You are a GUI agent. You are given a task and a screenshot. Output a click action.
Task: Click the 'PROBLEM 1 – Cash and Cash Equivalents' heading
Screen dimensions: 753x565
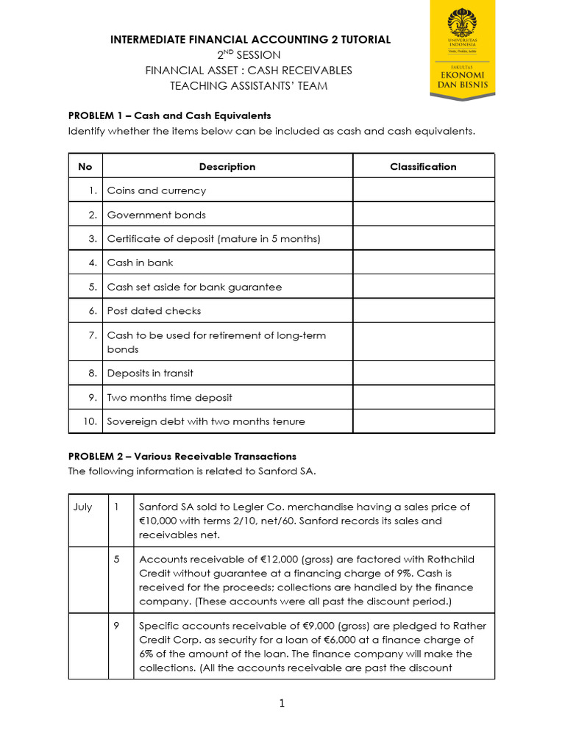pyautogui.click(x=169, y=115)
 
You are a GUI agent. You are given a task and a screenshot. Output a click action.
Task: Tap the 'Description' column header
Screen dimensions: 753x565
pyautogui.click(x=227, y=167)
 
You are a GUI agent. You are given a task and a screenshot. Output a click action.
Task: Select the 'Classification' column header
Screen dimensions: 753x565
pyautogui.click(x=423, y=167)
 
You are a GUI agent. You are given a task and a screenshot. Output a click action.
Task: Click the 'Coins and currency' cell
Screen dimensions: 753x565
pyautogui.click(x=157, y=190)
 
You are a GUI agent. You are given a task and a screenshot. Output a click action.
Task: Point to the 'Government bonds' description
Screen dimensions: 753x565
pyautogui.click(x=157, y=215)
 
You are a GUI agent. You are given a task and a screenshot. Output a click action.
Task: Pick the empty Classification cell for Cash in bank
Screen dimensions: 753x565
pyautogui.click(x=423, y=263)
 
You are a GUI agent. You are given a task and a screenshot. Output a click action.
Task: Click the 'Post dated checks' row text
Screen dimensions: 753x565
pyautogui.click(x=154, y=310)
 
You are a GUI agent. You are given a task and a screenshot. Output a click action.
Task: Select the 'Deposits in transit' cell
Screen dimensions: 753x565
pyautogui.click(x=150, y=373)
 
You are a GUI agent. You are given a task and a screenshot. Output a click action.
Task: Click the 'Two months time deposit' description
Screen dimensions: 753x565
pyautogui.click(x=169, y=397)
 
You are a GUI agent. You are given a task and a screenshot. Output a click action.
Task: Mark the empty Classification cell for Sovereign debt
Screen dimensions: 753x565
pyautogui.click(x=423, y=421)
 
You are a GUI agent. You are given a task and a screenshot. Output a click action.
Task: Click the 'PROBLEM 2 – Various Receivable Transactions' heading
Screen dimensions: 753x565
pyautogui.click(x=182, y=457)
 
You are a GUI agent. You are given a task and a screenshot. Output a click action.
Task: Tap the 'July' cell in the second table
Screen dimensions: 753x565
pyautogui.click(x=82, y=507)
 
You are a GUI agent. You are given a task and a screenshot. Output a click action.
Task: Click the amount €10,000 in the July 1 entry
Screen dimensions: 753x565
pyautogui.click(x=159, y=521)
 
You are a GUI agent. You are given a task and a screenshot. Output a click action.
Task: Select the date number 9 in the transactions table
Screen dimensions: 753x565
pyautogui.click(x=117, y=626)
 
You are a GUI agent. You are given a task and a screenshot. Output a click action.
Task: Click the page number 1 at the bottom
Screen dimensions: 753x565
pyautogui.click(x=282, y=704)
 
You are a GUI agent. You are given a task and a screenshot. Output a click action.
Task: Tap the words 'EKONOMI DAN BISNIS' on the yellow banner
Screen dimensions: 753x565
pyautogui.click(x=462, y=79)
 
